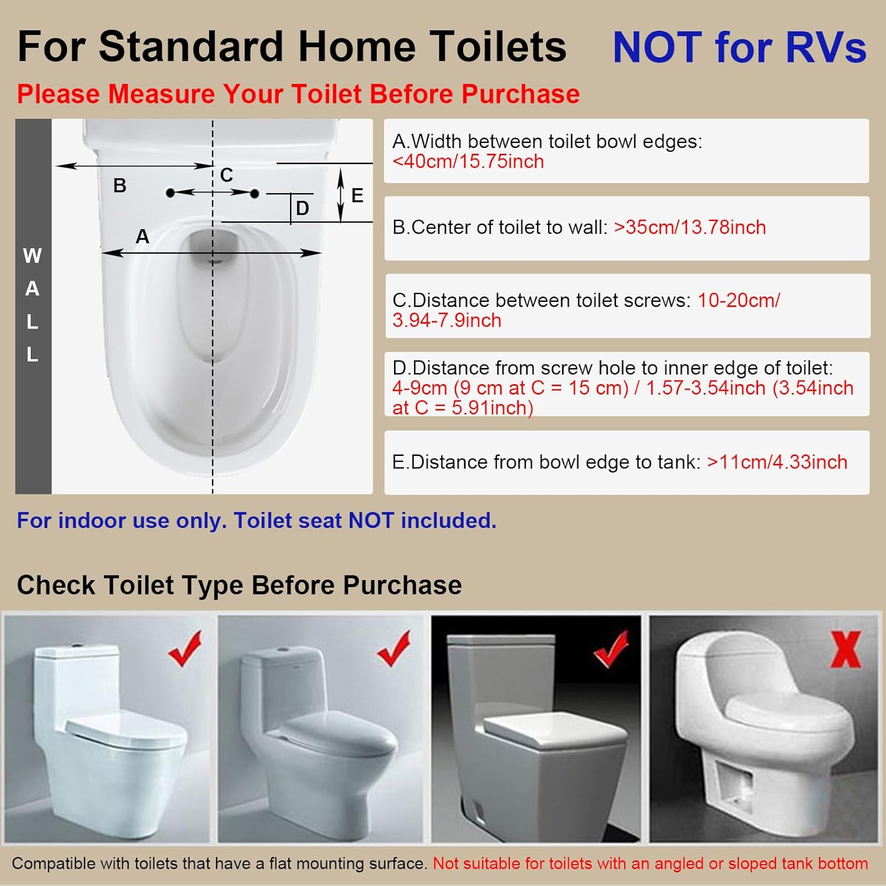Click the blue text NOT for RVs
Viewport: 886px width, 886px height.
click(740, 47)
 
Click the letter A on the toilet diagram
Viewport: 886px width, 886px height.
click(142, 236)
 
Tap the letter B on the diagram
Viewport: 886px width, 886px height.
click(120, 185)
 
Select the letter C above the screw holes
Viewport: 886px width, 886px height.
click(226, 175)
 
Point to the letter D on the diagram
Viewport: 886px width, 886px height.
click(302, 208)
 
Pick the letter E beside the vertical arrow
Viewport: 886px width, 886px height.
click(357, 196)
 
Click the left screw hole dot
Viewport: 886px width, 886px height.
click(170, 193)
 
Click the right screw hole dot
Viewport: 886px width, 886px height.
click(255, 193)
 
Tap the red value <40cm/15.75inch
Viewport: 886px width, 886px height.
click(468, 162)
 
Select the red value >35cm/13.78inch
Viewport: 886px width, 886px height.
click(690, 227)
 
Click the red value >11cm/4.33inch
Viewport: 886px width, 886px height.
click(777, 462)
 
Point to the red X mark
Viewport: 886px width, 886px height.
click(846, 649)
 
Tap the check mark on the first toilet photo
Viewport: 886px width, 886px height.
click(185, 648)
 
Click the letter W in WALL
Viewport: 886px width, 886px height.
click(32, 256)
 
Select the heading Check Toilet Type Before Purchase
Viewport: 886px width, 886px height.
click(239, 585)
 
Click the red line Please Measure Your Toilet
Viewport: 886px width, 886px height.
click(298, 95)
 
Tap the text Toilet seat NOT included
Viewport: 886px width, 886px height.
click(365, 520)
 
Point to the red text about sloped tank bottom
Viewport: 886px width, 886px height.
click(650, 864)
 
